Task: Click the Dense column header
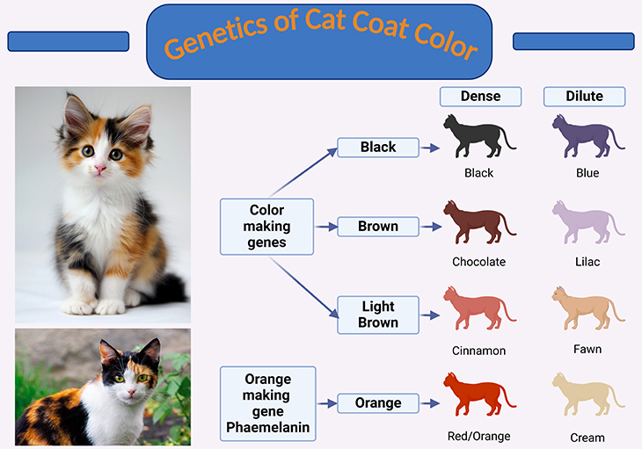(x=480, y=97)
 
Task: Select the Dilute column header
(x=584, y=97)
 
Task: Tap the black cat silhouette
(x=479, y=136)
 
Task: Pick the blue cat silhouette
(x=588, y=136)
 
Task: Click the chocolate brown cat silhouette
(x=479, y=222)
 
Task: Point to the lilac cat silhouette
(x=588, y=222)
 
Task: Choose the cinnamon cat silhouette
(x=479, y=308)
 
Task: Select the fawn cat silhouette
(x=588, y=308)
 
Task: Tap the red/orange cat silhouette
(x=479, y=394)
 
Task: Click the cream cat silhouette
(x=588, y=394)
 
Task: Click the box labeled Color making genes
(x=267, y=227)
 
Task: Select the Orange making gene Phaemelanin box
(x=267, y=403)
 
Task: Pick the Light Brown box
(x=378, y=315)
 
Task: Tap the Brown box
(x=378, y=227)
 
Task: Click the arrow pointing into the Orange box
(x=327, y=403)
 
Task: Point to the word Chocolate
(x=478, y=262)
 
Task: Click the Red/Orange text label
(x=478, y=437)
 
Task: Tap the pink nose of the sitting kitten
(x=100, y=169)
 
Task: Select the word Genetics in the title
(x=216, y=37)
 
